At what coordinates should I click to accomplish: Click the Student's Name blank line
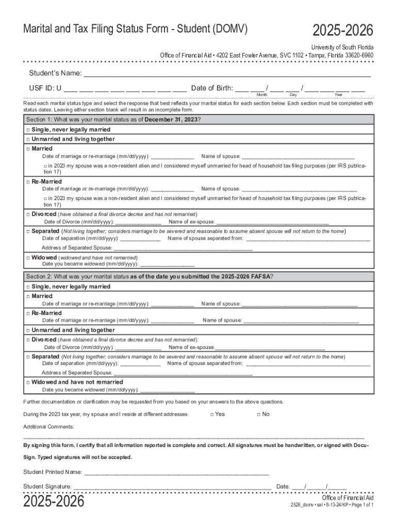pos(227,73)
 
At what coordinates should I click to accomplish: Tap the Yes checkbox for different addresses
pos(212,415)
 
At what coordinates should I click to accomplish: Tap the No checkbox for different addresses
pos(257,415)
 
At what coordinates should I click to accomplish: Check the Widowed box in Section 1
pos(28,257)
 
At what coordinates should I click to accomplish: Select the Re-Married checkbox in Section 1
pos(28,182)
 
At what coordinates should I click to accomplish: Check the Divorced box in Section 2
pos(28,340)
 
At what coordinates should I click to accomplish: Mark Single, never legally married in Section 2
pos(28,287)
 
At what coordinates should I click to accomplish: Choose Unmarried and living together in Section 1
pos(28,139)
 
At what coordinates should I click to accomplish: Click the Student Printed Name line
pos(176,472)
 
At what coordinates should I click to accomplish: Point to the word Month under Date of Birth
pos(261,95)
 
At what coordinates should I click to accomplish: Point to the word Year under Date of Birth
pos(338,95)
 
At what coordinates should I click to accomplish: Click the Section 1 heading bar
pos(198,120)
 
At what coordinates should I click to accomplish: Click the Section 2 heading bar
pos(198,276)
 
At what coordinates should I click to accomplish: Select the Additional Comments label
pos(48,427)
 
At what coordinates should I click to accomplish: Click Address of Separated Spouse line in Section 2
pos(183,373)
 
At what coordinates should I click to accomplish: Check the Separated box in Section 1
pos(28,232)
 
